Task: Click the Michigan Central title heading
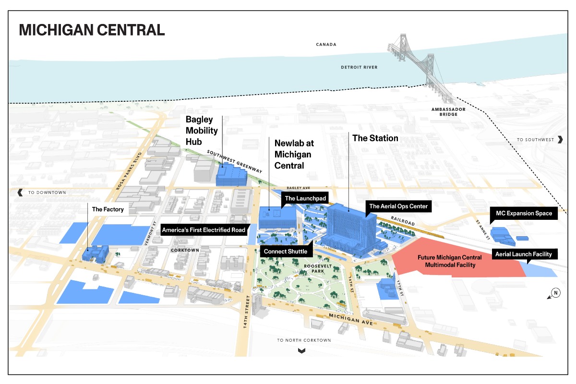92,29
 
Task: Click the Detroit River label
359,67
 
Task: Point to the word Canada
326,45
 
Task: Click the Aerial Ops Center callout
397,206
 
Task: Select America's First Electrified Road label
204,230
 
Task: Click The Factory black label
108,209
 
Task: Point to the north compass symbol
555,293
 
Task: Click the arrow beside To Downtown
20,192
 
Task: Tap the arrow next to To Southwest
560,140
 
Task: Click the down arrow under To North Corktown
301,350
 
